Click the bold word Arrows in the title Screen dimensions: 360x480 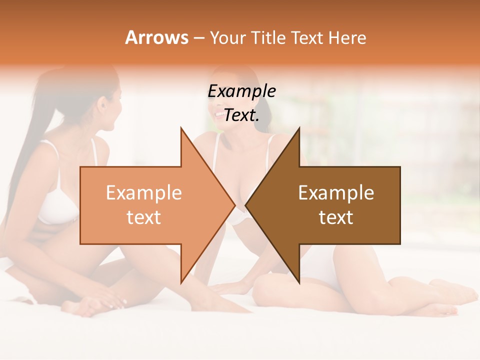(156, 37)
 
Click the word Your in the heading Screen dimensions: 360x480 (227, 38)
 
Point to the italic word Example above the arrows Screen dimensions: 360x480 (241, 91)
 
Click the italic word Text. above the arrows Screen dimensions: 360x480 (241, 115)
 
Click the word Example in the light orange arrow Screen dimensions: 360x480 (144, 193)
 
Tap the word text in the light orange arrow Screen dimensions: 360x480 (144, 217)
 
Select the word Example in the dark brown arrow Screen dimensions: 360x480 (336, 193)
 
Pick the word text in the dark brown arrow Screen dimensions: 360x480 (336, 217)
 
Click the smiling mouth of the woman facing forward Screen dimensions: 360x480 (219, 114)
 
